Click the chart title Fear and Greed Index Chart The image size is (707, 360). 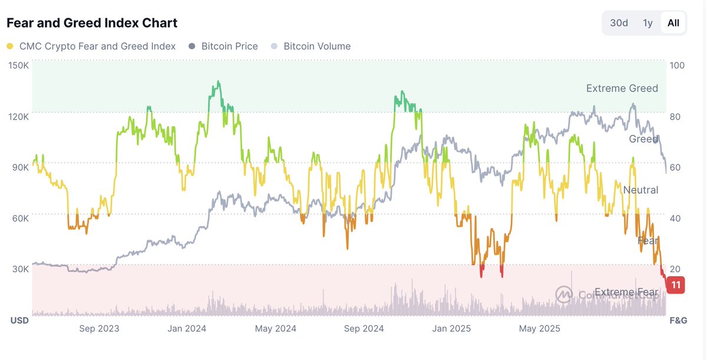coord(92,23)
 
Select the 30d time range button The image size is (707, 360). coord(619,23)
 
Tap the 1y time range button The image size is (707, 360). coord(647,23)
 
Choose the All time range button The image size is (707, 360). coord(673,23)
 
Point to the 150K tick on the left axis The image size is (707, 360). coord(18,65)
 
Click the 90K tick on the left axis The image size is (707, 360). coord(19,167)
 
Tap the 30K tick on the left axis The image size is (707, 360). coord(19,269)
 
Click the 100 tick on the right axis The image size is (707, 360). coord(678,65)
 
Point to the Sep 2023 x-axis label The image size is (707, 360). coord(99,328)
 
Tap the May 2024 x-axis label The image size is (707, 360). coord(275,328)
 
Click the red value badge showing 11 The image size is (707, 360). coord(675,285)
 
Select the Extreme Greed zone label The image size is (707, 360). coord(622,88)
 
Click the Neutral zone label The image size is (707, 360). coord(640,190)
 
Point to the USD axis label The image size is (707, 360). coord(19,321)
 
